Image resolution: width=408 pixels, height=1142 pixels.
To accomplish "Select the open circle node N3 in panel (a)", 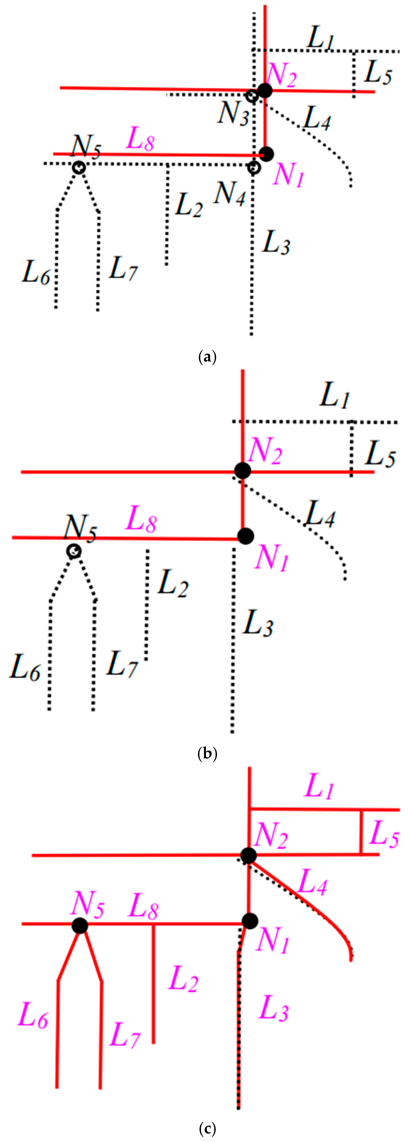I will (252, 96).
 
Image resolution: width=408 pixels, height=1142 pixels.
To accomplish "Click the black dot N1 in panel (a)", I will (267, 154).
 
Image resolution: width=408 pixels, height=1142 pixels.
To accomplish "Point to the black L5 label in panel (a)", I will (377, 72).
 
